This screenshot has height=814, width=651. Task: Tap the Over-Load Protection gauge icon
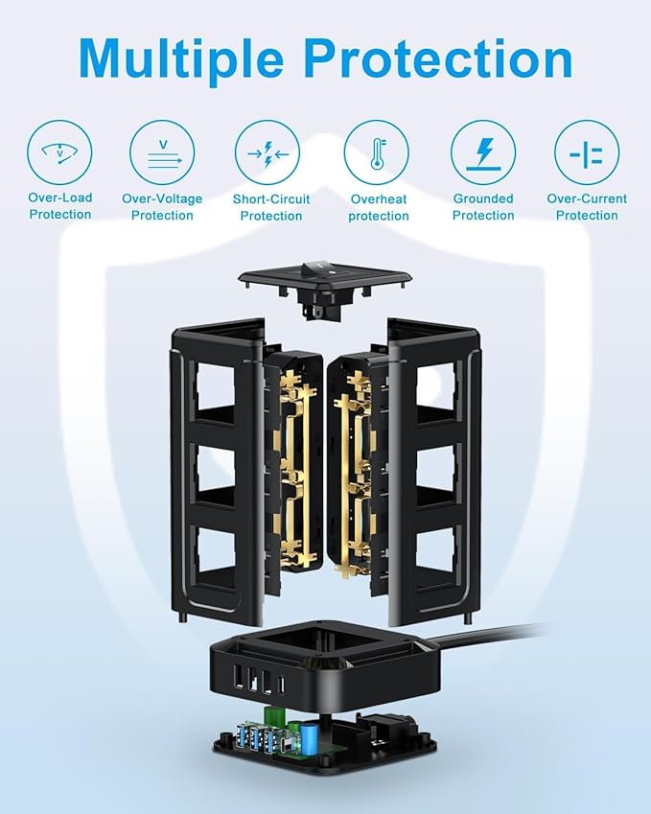59,152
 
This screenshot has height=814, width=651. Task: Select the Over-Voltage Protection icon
162,152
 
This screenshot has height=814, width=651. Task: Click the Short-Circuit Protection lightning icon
267,152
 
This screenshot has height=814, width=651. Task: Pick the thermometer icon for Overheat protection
377,152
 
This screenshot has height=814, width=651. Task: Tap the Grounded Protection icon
483,152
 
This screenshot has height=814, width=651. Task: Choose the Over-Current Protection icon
587,152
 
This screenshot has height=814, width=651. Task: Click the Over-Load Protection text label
60,206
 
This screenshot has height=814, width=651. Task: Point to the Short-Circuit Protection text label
271,207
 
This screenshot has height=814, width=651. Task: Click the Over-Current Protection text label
587,206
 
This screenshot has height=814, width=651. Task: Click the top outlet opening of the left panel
216,384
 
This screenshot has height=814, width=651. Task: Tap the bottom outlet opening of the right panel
435,549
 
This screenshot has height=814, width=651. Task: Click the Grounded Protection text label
483,206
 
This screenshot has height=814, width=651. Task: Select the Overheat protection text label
379,207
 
